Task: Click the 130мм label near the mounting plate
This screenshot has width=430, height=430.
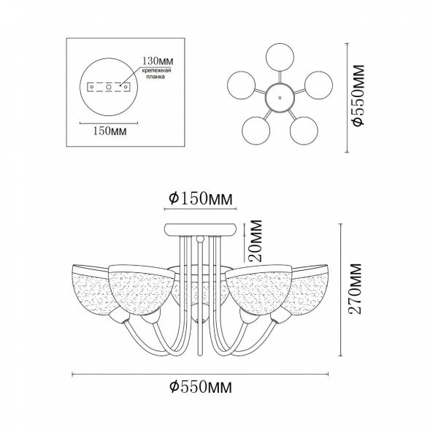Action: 158,60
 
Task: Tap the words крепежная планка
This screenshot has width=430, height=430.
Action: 156,74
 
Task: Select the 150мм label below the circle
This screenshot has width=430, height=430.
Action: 110,131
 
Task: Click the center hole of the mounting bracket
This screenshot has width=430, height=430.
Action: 109,87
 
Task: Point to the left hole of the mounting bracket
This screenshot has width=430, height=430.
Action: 92,87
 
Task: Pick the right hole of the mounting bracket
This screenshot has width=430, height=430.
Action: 126,87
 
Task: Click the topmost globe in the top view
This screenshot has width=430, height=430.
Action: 280,58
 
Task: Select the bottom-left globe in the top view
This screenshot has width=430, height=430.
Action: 256,130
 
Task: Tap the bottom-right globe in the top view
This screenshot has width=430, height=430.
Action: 304,130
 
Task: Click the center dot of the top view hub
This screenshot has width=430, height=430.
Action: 280,97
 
